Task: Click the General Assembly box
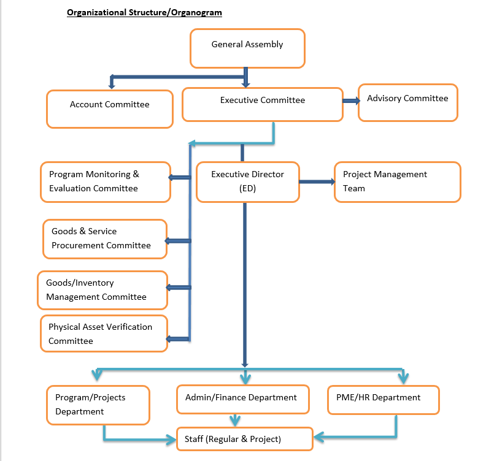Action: click(247, 48)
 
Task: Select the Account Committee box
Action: click(110, 109)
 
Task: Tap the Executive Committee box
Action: click(263, 104)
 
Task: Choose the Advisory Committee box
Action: click(407, 102)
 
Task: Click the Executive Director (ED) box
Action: click(248, 181)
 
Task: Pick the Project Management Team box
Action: click(397, 181)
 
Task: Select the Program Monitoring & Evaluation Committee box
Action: click(105, 182)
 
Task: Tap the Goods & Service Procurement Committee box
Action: click(105, 238)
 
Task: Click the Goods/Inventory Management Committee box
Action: click(102, 290)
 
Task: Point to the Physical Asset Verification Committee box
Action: click(104, 333)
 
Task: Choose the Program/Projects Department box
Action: click(98, 405)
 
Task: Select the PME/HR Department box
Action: click(383, 400)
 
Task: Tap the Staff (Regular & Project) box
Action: click(245, 439)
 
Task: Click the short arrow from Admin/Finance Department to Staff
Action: click(234, 420)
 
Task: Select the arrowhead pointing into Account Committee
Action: click(111, 82)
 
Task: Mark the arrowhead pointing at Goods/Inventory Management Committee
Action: click(171, 288)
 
